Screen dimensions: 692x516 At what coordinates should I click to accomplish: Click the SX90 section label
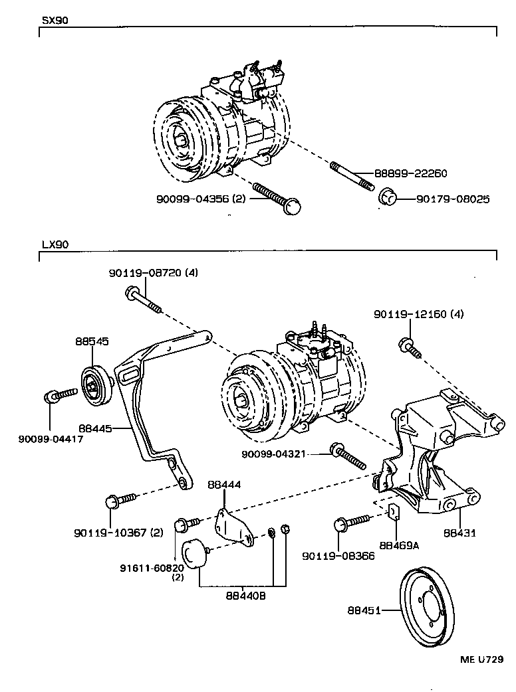tap(55, 20)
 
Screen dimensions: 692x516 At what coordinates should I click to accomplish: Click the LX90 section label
tap(55, 244)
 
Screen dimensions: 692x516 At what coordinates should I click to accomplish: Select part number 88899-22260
tap(410, 173)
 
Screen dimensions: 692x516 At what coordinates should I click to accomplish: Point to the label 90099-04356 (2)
tap(198, 199)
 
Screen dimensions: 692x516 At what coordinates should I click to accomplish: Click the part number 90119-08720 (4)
tap(154, 272)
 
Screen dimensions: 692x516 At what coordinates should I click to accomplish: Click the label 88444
tap(224, 485)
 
